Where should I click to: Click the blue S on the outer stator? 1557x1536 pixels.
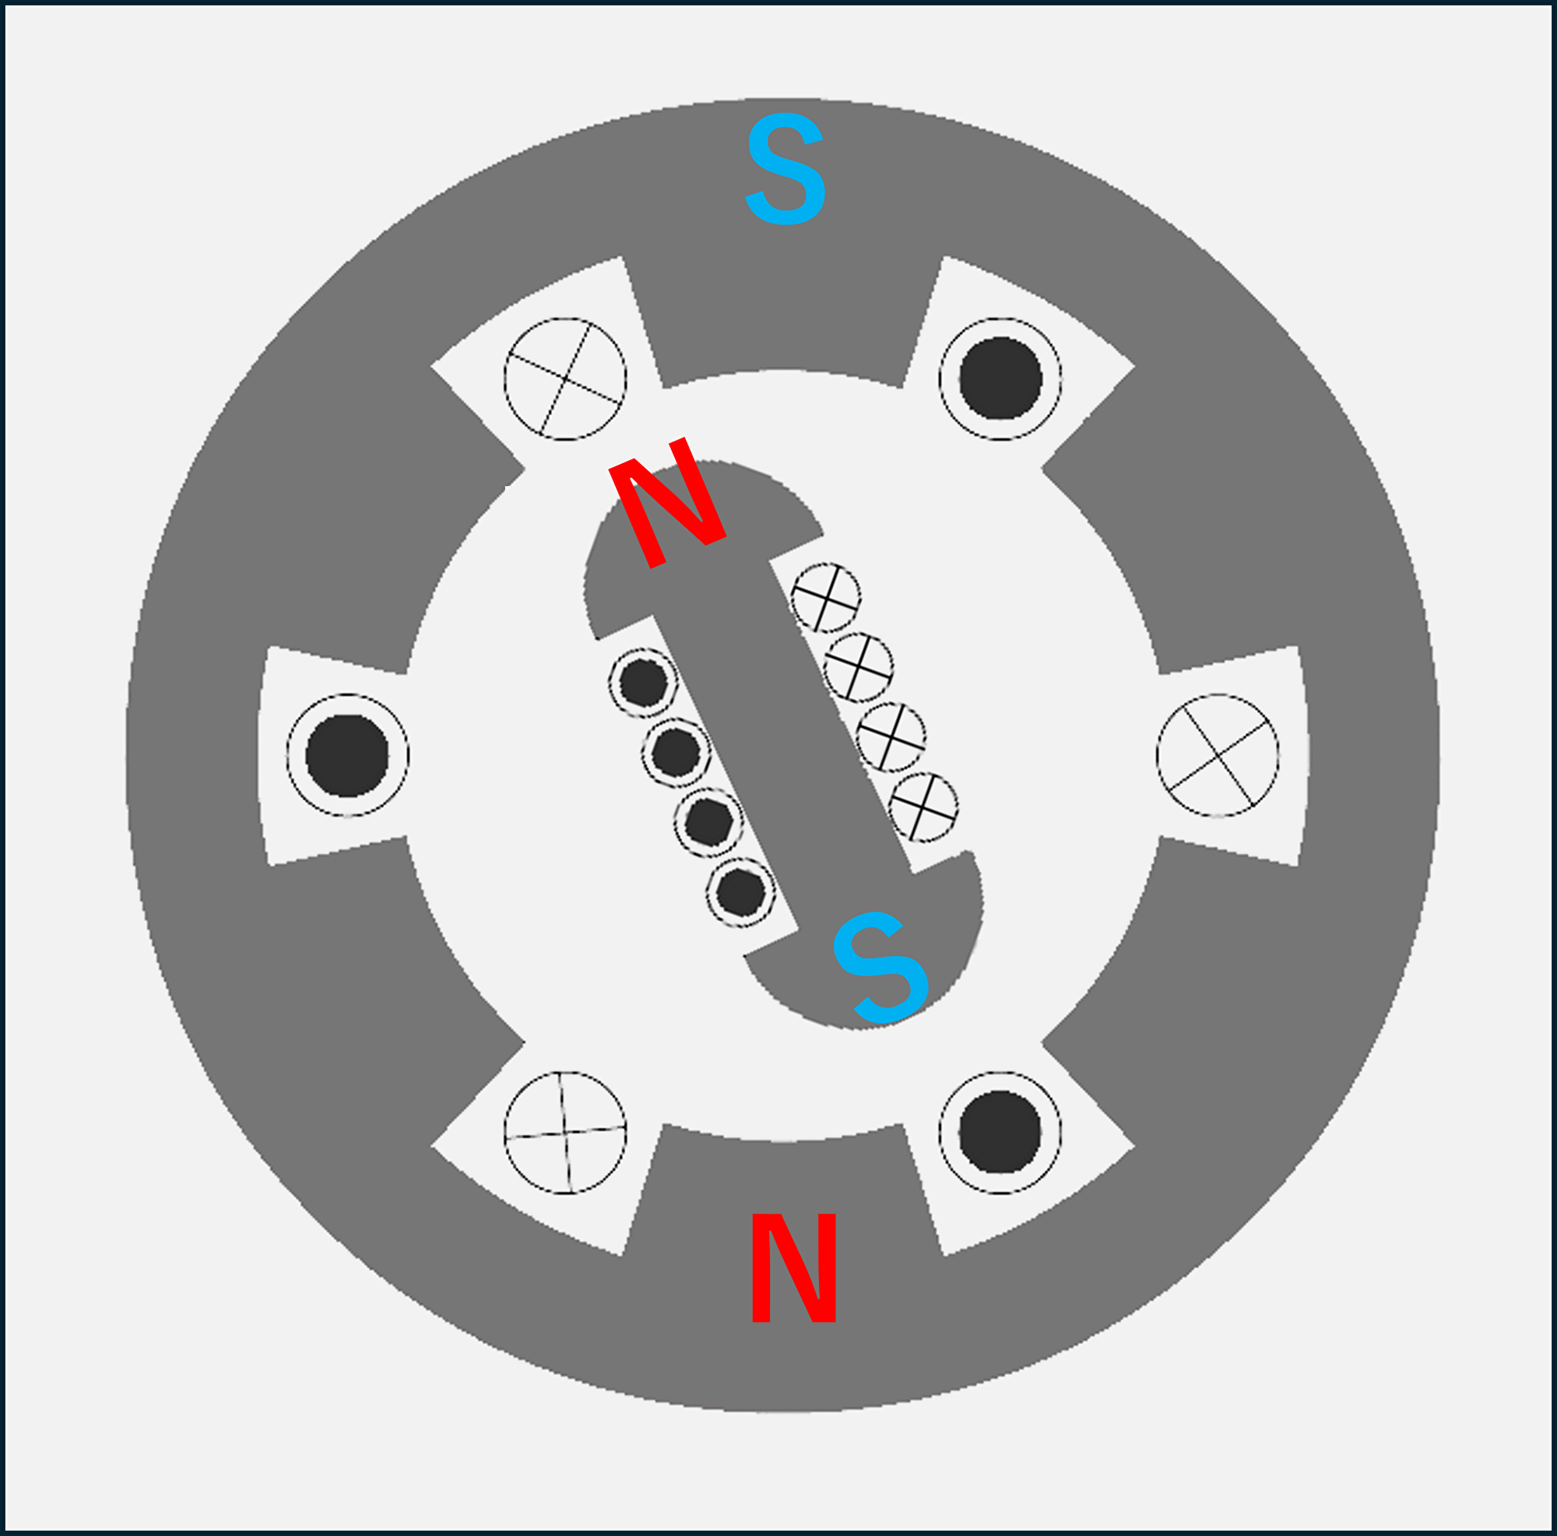click(x=785, y=168)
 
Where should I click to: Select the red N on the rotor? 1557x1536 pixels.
click(x=667, y=503)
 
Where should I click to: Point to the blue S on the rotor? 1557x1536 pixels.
click(x=880, y=968)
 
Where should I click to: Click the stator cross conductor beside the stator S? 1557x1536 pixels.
click(x=565, y=379)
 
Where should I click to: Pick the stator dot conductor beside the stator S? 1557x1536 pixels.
click(x=1000, y=379)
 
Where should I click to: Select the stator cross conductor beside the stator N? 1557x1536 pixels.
click(x=565, y=1132)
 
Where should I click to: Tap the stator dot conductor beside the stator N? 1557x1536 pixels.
click(x=1000, y=1132)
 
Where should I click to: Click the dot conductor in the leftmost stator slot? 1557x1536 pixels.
click(x=347, y=755)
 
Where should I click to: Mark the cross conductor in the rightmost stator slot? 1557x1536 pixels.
click(x=1218, y=755)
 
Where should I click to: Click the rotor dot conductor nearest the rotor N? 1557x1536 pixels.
click(x=643, y=683)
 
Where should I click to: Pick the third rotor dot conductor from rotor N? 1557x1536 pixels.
click(x=708, y=822)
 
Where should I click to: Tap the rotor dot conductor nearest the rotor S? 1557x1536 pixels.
click(x=740, y=892)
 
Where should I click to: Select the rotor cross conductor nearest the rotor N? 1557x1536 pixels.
click(x=826, y=597)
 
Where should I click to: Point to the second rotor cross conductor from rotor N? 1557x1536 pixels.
click(x=858, y=667)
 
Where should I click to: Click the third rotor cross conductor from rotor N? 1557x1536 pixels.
click(x=891, y=737)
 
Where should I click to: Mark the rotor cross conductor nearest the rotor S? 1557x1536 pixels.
click(x=923, y=807)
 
